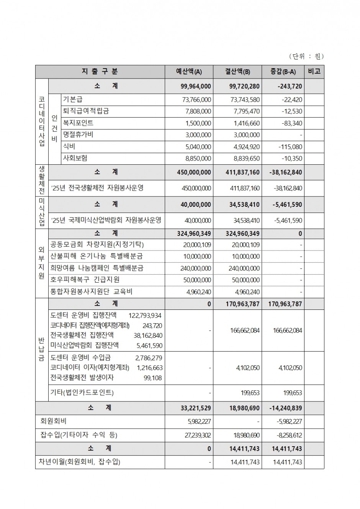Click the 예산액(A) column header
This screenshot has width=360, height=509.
pyautogui.click(x=189, y=72)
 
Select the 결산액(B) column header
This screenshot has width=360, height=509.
pyautogui.click(x=237, y=72)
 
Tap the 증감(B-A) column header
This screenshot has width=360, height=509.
pyautogui.click(x=283, y=72)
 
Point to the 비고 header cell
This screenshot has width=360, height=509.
pyautogui.click(x=314, y=72)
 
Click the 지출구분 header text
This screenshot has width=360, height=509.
pyautogui.click(x=100, y=72)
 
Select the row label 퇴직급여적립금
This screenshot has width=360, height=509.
pyautogui.click(x=86, y=111)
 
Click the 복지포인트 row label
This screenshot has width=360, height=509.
pyautogui.click(x=78, y=123)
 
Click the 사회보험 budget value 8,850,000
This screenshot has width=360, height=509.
pyautogui.click(x=197, y=158)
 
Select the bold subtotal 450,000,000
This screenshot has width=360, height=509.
pyautogui.click(x=194, y=172)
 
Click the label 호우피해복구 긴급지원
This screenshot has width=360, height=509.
pyautogui.click(x=85, y=280)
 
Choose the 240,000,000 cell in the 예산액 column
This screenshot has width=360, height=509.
pyautogui.click(x=195, y=268)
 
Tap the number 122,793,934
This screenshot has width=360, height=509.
pyautogui.click(x=145, y=316)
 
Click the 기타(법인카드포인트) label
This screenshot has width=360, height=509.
pyautogui.click(x=82, y=393)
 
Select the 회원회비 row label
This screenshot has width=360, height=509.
pyautogui.click(x=53, y=421)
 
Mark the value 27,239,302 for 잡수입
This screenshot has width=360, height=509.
pyautogui.click(x=196, y=435)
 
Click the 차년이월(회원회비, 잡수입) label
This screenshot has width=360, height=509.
pyautogui.click(x=79, y=462)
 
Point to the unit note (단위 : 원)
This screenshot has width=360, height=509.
pyautogui.click(x=306, y=56)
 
